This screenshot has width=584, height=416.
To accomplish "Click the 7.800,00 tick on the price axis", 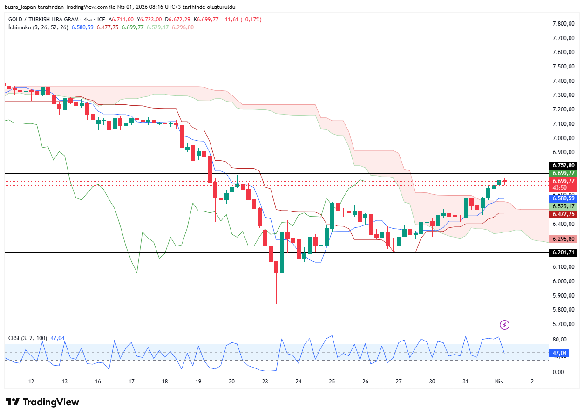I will click(x=563, y=24).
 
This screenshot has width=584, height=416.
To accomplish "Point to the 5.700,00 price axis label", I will click(x=563, y=324).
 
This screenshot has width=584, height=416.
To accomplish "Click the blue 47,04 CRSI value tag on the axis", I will click(x=559, y=354).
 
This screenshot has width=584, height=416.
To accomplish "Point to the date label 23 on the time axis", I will click(x=265, y=382).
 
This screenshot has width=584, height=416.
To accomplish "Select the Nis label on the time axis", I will click(x=499, y=382).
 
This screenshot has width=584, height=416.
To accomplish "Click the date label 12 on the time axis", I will click(x=31, y=382).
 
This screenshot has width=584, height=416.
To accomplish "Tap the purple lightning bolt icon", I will click(x=504, y=325).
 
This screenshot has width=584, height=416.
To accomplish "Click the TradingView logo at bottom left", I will click(x=42, y=402).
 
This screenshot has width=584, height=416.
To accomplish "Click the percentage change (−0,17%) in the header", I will click(x=251, y=20).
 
